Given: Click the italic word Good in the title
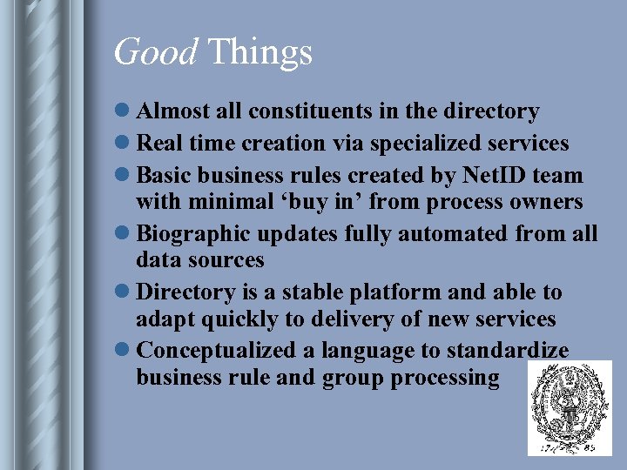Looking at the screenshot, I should coord(156,53).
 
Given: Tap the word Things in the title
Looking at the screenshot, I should coord(260,53).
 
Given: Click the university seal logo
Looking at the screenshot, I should coord(570,407).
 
